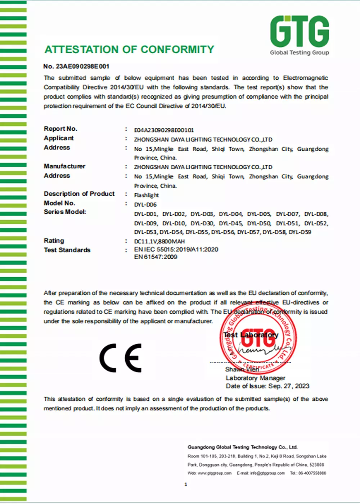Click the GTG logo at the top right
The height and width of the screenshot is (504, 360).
click(300, 35)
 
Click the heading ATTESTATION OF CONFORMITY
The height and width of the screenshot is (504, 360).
click(129, 49)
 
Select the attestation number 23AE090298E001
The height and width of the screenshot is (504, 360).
click(82, 66)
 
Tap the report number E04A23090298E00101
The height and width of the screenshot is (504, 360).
click(164, 130)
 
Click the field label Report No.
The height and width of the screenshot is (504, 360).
click(60, 129)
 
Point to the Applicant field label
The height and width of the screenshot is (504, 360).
click(59, 138)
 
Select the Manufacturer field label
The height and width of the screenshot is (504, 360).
click(64, 166)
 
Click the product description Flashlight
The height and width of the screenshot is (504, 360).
click(147, 195)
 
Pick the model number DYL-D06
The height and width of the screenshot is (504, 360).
click(145, 204)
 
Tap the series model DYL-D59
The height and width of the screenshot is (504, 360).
click(300, 232)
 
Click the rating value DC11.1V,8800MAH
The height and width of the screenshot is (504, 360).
click(159, 241)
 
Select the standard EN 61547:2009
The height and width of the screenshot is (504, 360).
click(156, 257)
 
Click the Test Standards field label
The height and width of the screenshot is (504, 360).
click(67, 250)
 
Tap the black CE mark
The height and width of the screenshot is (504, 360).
click(121, 358)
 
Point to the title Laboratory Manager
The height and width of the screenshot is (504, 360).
click(255, 378)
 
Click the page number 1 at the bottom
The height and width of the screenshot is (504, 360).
click(186, 485)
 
